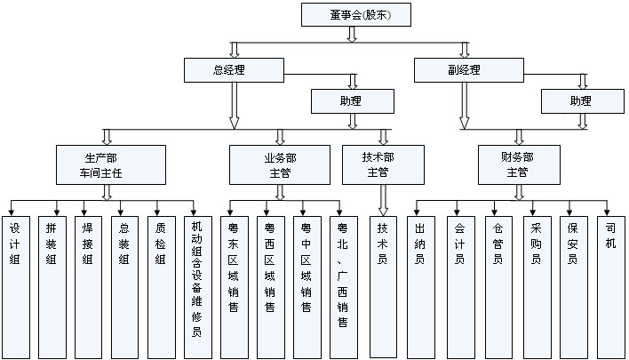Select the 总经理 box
(x=235, y=69)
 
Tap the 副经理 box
(x=464, y=69)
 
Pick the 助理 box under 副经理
(x=580, y=101)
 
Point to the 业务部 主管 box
(x=281, y=164)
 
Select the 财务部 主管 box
(x=517, y=164)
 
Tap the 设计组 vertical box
(x=16, y=284)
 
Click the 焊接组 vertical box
(x=88, y=284)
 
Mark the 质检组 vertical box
(x=160, y=284)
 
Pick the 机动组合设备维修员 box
(x=197, y=284)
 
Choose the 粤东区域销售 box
(x=233, y=284)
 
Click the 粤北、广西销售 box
(x=341, y=284)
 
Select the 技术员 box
(x=382, y=284)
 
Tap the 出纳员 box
(x=420, y=284)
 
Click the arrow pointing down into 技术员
(x=383, y=199)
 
